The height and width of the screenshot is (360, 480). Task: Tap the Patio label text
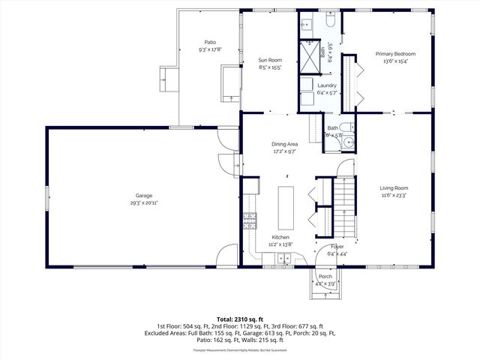pyautogui.click(x=210, y=43)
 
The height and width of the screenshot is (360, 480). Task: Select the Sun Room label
pyautogui.click(x=270, y=60)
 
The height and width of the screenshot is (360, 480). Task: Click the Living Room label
pyautogui.click(x=394, y=187)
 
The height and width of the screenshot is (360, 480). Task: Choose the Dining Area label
pyautogui.click(x=285, y=144)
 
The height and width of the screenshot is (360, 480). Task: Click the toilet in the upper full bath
pyautogui.click(x=331, y=23)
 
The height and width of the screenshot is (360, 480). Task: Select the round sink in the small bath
pyautogui.click(x=347, y=142)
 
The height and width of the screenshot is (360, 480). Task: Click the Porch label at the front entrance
pyautogui.click(x=325, y=277)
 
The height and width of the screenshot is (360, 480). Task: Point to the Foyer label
pyautogui.click(x=337, y=246)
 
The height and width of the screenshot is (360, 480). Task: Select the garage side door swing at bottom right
pyautogui.click(x=226, y=256)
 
